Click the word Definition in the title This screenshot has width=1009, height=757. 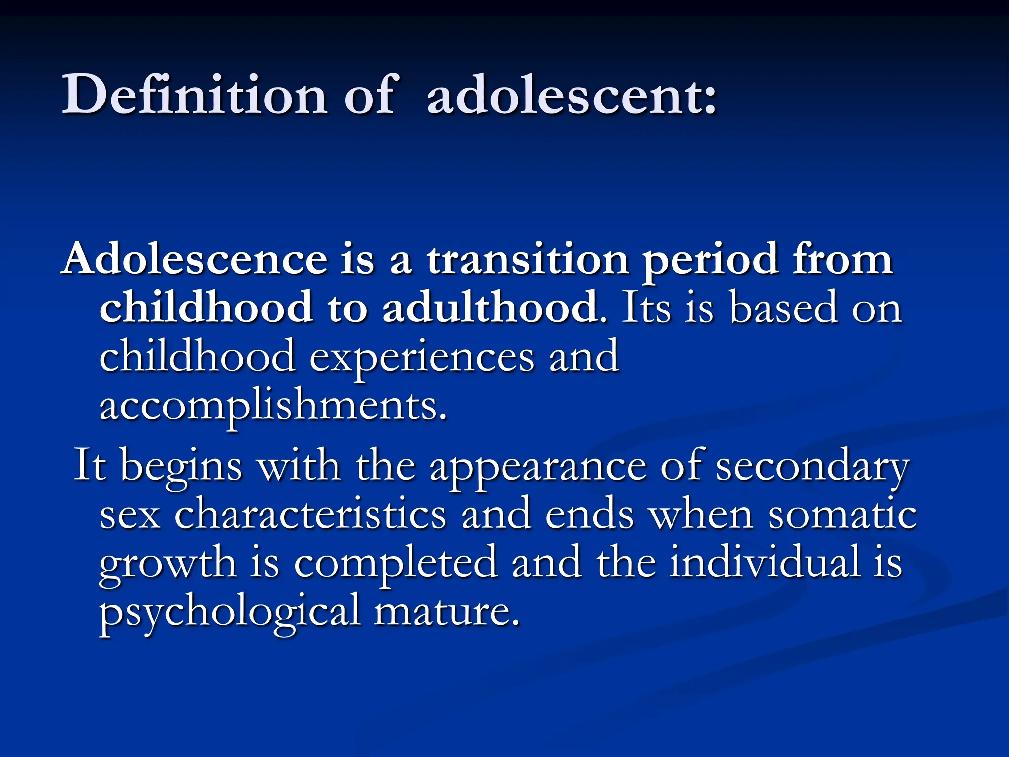coord(194,95)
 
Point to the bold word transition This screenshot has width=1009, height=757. coord(527,259)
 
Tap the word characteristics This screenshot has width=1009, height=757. coord(310,515)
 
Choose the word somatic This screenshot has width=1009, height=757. coord(842,515)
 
